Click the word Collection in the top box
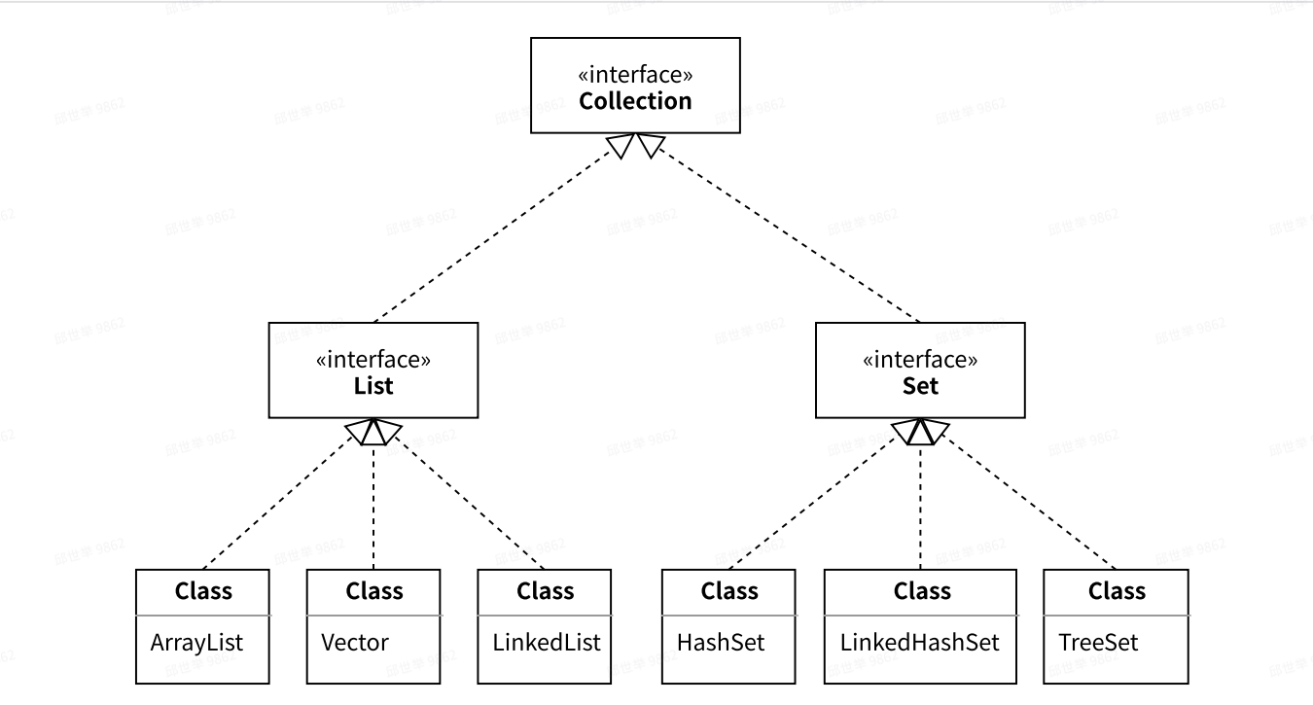635,101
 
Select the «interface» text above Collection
635,75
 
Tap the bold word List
373,386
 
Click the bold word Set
920,386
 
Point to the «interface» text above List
373,360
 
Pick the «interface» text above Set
920,360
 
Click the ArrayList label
196,643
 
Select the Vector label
355,643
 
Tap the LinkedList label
547,643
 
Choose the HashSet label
721,643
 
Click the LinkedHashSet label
919,643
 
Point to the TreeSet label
1098,643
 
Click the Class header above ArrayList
203,591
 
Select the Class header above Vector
374,591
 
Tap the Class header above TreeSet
1117,591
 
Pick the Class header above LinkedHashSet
922,591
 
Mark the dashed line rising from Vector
374,506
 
